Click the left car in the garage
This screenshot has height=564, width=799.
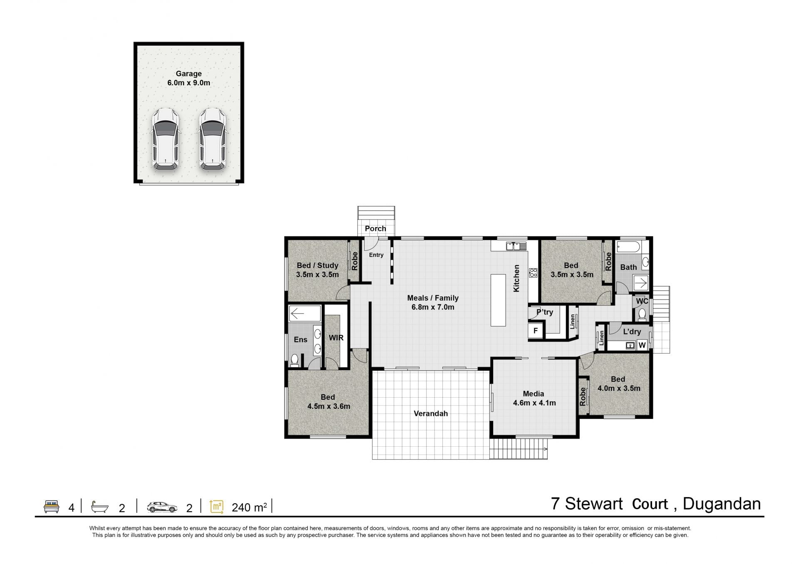pos(166,139)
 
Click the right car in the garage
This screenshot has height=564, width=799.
pos(213,139)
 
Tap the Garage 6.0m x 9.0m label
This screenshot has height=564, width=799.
pos(189,78)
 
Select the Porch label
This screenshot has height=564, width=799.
pos(375,228)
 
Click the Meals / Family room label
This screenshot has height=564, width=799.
pos(433,302)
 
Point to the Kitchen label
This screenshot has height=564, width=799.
pos(516,278)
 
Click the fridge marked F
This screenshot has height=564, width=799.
pos(536,331)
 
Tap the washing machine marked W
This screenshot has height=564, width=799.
pos(642,345)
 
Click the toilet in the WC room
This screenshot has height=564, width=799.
pos(642,314)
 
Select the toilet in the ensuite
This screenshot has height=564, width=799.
pos(295,360)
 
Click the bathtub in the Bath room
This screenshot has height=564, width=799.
pos(628,247)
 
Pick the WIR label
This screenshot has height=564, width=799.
pos(336,338)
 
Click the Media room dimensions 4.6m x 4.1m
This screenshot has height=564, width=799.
pos(534,403)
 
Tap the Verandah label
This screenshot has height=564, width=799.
pos(431,413)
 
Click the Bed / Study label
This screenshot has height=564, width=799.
pos(318,265)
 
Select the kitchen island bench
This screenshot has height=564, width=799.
pos(498,300)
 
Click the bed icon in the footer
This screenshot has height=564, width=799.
pos(52,507)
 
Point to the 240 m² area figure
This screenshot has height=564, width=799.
pos(249,507)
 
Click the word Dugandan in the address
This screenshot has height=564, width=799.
pos(722,504)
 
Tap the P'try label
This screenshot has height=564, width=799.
pos(545,312)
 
